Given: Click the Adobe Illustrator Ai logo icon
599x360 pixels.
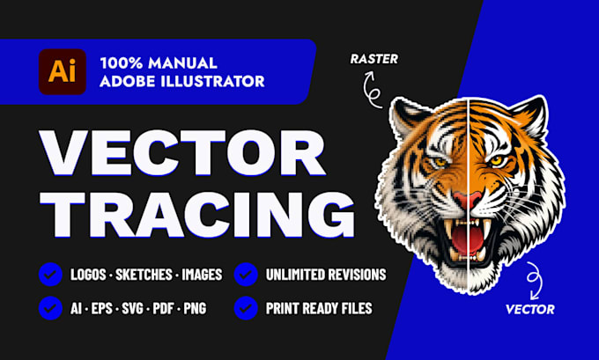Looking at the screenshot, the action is (63, 72).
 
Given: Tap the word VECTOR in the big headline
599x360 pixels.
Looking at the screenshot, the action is (182, 153).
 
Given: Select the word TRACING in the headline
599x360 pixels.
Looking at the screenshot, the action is (197, 215).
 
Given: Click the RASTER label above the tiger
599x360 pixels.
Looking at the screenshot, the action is (374, 59).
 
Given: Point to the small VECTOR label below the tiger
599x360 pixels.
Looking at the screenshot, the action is (530, 309).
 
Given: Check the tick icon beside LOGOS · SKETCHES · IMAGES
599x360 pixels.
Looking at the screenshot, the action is (50, 275).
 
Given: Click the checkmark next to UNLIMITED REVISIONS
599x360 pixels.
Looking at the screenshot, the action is (246, 275).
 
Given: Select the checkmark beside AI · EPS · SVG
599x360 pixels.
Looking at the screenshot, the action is (50, 308).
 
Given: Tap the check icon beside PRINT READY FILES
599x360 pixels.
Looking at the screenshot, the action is (246, 308).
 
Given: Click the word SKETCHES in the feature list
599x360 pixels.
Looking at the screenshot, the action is (144, 275).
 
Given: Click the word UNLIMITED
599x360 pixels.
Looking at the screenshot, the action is (298, 275).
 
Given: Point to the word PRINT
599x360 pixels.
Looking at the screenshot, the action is (282, 308).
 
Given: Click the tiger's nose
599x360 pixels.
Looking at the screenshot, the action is (467, 200).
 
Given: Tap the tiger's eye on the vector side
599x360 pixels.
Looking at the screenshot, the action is (496, 160).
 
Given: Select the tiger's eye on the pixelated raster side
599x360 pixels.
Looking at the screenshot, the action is (440, 162).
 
